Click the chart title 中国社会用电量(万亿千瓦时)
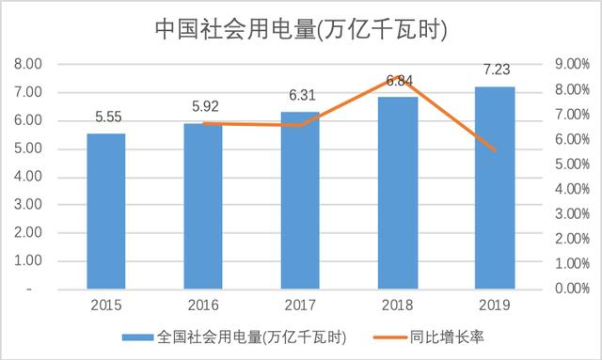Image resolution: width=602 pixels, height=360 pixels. pyautogui.click(x=300, y=29)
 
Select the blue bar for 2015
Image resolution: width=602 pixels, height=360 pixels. pyautogui.click(x=106, y=211)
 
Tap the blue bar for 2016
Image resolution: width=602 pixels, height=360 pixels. pyautogui.click(x=203, y=206)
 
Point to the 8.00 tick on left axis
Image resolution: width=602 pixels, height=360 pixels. pyautogui.click(x=27, y=65)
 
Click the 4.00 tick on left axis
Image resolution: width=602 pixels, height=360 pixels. pyautogui.click(x=27, y=177)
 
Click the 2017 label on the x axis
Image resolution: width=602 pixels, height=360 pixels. pyautogui.click(x=300, y=305)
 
